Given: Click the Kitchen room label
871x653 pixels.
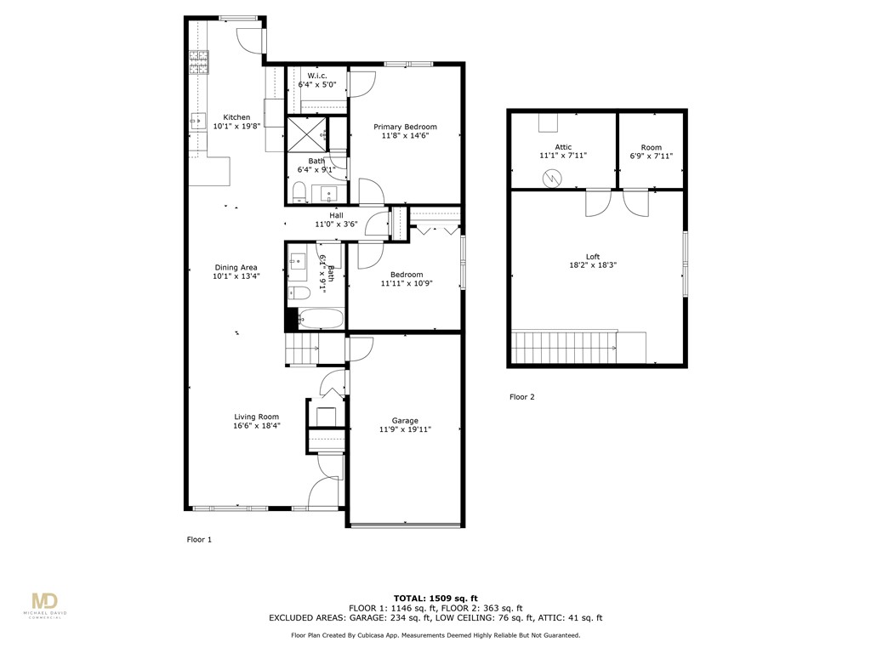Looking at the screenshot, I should click(x=236, y=117).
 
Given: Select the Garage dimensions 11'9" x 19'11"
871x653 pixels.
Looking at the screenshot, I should click(x=405, y=430).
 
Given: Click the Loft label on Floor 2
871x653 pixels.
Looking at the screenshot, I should click(x=593, y=257).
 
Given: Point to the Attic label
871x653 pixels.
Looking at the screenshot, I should click(x=563, y=147).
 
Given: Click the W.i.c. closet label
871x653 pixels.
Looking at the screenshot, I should click(x=317, y=76).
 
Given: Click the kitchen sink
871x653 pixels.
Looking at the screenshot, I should click(x=196, y=121).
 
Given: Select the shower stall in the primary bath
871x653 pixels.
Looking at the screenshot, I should click(x=305, y=133).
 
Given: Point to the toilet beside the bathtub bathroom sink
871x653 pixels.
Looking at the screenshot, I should click(x=299, y=294).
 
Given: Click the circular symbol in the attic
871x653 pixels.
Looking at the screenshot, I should click(x=553, y=179).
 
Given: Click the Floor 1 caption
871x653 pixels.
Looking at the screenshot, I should click(x=199, y=539).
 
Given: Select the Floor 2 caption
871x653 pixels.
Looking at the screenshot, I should click(x=521, y=396).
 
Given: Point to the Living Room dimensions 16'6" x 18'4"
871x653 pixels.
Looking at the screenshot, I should click(x=257, y=426).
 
